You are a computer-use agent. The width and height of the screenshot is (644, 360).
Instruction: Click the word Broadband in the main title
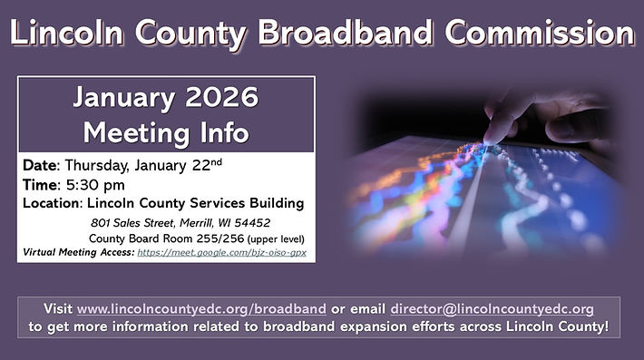(342, 33)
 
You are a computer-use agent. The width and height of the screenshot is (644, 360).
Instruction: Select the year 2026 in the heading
(224, 97)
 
